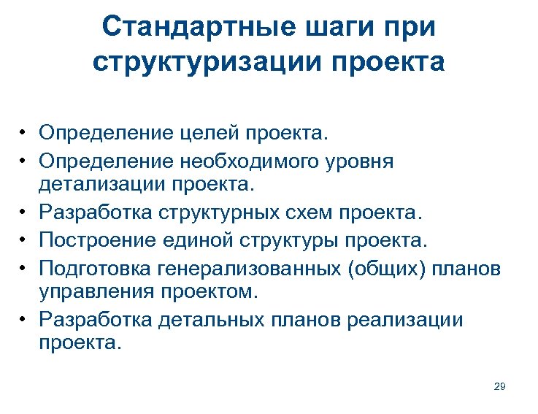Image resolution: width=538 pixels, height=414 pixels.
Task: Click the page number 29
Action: [x=499, y=386]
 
